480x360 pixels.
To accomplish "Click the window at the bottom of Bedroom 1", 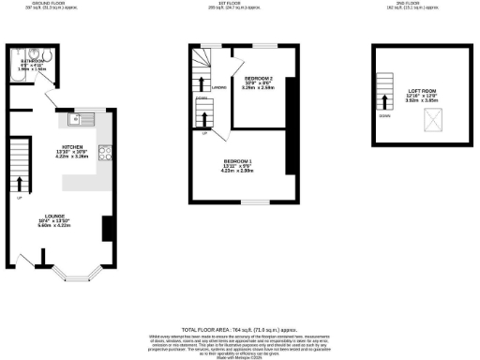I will [252, 202].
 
